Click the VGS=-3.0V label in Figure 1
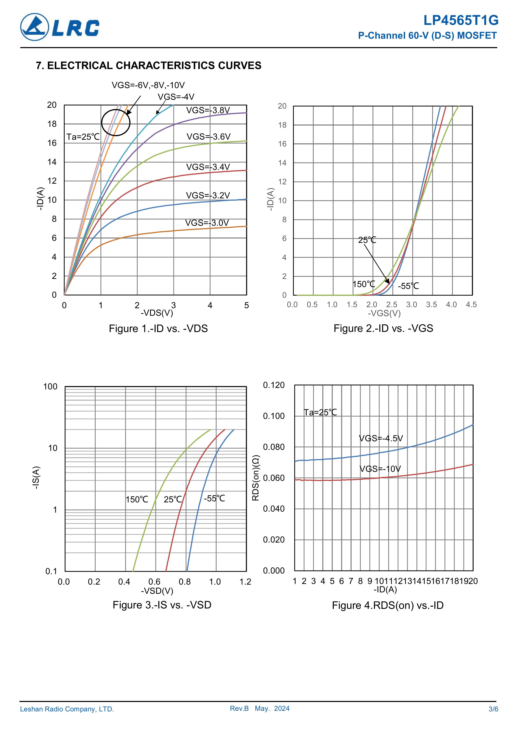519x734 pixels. (207, 223)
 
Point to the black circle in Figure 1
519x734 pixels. (116, 122)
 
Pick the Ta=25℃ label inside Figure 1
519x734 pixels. (83, 137)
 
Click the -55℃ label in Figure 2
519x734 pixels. (408, 286)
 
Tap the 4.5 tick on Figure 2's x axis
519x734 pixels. (471, 305)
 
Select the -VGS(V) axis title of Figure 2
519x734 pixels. (384, 313)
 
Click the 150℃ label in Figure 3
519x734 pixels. (137, 499)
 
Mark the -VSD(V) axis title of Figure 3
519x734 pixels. (157, 591)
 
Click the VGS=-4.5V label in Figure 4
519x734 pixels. (381, 438)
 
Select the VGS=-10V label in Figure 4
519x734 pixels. (380, 469)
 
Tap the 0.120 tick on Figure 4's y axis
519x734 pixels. (274, 385)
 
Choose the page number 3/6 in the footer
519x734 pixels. (493, 709)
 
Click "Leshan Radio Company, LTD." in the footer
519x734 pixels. (67, 709)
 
